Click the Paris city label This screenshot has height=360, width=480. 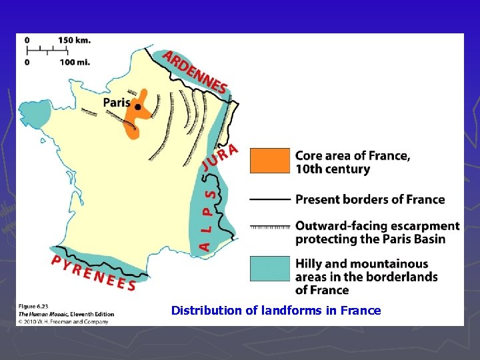point(116,103)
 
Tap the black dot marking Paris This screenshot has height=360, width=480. point(137,107)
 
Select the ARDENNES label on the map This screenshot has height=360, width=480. point(195,71)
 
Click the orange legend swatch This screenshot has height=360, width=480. point(269,161)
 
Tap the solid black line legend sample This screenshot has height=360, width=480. point(269,199)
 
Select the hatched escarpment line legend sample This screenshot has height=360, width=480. point(269,227)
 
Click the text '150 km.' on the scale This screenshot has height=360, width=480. point(74,40)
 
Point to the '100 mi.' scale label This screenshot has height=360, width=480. point(74,63)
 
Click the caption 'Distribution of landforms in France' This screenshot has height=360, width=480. point(276,311)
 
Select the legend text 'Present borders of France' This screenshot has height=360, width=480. point(370,199)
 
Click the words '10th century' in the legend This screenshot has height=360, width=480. point(333,169)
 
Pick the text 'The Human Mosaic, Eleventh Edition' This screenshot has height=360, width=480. point(67,314)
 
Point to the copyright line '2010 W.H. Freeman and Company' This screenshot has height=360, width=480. point(67,321)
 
